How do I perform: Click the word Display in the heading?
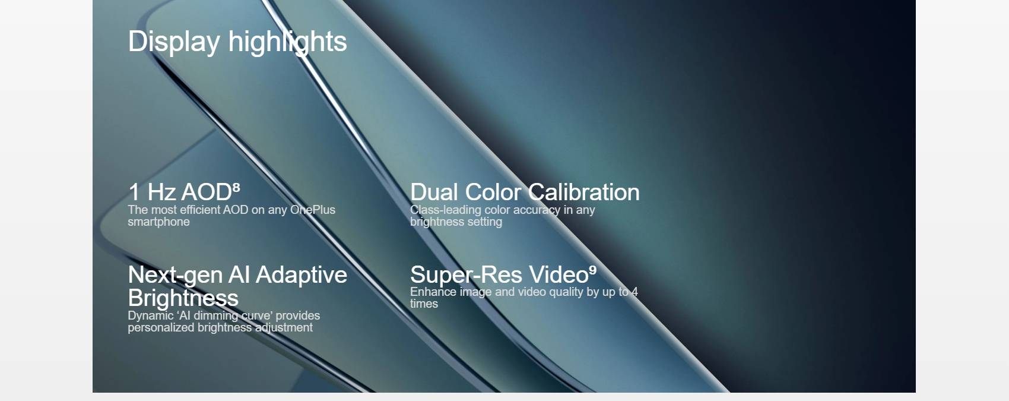coord(174,42)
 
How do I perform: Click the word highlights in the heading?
coord(287,42)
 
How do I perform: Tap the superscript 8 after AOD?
coord(236,187)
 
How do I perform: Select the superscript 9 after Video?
coord(593,270)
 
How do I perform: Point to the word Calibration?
coord(584,192)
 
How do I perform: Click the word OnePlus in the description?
coord(313,210)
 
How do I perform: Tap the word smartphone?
coord(158,222)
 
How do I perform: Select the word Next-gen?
coord(175,275)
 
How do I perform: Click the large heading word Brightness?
coord(183,298)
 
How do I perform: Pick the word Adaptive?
coord(302,275)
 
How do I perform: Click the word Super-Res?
coord(466,274)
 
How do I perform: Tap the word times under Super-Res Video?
coord(424,304)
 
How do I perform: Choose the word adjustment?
coord(284,327)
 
